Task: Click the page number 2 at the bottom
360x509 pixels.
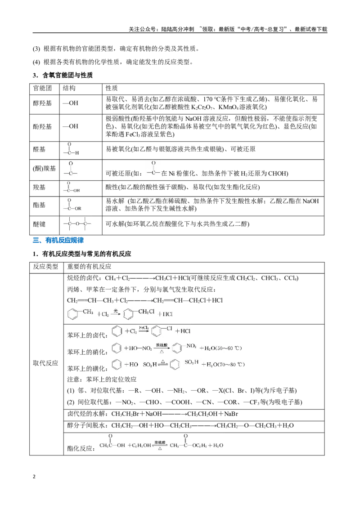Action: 34,477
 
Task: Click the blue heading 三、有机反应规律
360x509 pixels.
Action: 58,240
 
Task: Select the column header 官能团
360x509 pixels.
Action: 42,88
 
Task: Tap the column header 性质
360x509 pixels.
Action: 112,88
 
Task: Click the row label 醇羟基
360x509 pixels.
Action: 42,103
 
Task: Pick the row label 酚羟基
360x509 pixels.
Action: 42,127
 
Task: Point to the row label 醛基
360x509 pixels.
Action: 39,149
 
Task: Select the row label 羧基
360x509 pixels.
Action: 39,188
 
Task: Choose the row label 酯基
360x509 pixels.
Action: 39,205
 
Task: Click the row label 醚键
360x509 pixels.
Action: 39,224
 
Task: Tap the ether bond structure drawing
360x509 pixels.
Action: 77,223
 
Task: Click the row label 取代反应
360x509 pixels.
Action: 45,363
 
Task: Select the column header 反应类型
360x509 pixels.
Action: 45,267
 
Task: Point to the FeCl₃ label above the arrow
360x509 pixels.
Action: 144,328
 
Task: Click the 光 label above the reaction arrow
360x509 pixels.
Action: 115,311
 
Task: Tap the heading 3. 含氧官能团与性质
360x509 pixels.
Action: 63,75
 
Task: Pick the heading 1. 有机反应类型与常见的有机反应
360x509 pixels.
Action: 82,254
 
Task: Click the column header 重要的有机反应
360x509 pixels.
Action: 89,267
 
